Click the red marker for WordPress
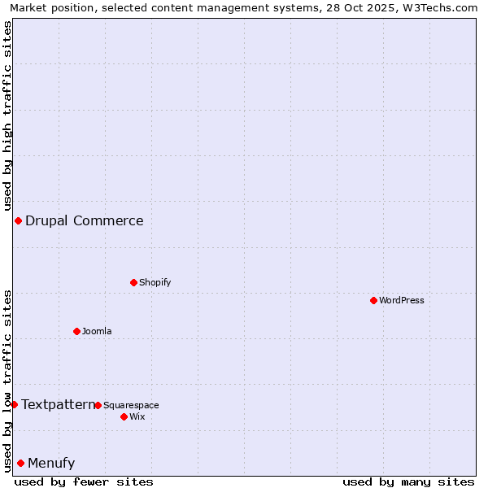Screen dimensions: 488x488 [x=373, y=300]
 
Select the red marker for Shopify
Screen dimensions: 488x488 [x=133, y=282]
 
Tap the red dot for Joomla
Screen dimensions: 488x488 [x=76, y=331]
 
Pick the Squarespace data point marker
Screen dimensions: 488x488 [x=98, y=405]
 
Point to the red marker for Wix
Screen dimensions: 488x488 [x=124, y=416]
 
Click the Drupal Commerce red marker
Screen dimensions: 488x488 [x=18, y=220]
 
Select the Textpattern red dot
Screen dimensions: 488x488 [x=14, y=404]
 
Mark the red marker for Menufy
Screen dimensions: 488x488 [x=20, y=463]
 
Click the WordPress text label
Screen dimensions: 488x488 [x=402, y=300]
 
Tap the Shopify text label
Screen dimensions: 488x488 [x=155, y=282]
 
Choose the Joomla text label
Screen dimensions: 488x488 [x=97, y=331]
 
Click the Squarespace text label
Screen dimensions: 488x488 [x=131, y=405]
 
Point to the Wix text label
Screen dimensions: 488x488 [x=137, y=416]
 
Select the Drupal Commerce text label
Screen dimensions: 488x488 [x=85, y=220]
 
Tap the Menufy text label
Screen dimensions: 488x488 [x=51, y=463]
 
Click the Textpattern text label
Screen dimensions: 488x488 [x=59, y=404]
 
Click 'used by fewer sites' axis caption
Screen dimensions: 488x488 [x=84, y=481]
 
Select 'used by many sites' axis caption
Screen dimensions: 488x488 [x=408, y=481]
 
